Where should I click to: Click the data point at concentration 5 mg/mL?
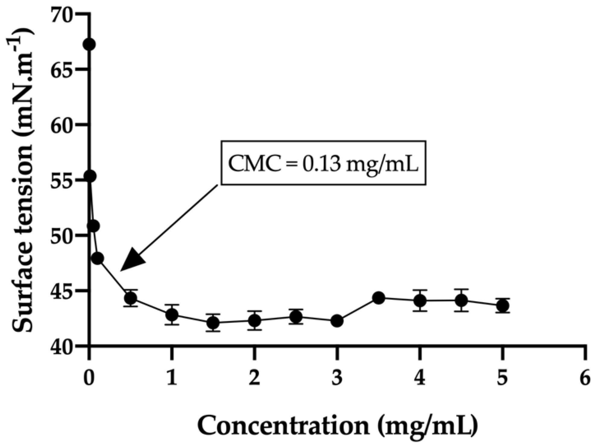click(x=502, y=306)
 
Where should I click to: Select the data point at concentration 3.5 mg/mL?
click(x=378, y=298)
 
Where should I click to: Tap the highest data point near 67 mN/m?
click(x=89, y=45)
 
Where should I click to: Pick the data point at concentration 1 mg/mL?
click(x=172, y=315)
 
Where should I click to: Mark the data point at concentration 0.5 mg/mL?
click(x=130, y=298)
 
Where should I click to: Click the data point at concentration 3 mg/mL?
click(x=337, y=321)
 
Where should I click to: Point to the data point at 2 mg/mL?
click(x=254, y=320)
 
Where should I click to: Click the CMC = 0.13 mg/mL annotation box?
click(x=323, y=162)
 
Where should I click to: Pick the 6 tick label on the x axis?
click(x=585, y=379)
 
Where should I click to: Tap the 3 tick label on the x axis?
click(x=337, y=379)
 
